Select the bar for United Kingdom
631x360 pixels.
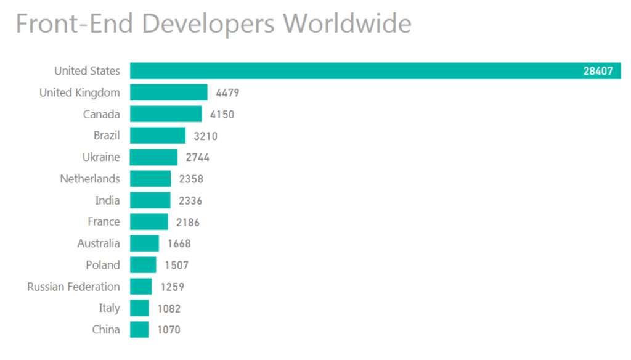(169, 92)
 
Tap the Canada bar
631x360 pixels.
(166, 114)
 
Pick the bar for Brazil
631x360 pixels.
(158, 136)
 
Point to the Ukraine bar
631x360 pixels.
(154, 157)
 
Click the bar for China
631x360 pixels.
(139, 330)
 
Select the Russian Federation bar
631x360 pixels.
(141, 287)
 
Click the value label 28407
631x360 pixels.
(598, 71)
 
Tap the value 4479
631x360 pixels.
(227, 93)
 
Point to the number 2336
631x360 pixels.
(190, 201)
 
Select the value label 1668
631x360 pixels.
(179, 243)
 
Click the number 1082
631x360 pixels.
(168, 308)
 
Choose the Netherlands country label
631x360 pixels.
(90, 179)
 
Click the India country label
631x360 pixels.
(107, 200)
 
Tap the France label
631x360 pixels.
(104, 222)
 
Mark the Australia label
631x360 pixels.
(99, 243)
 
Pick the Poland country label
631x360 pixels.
(103, 265)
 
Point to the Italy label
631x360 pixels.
(109, 308)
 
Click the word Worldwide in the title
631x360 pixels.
(347, 24)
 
